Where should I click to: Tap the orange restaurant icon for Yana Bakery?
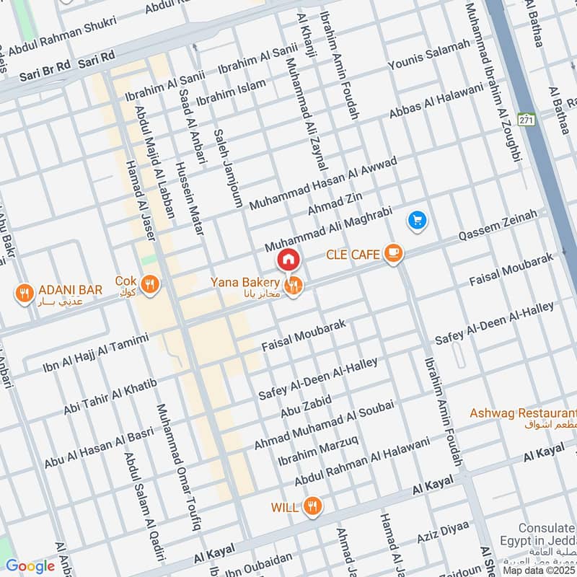pos(293,286)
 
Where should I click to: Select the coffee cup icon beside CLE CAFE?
pos(392,252)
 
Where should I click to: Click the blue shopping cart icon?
pos(418,220)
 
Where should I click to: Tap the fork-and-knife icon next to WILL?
pos(312,506)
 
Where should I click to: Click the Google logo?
pos(30,566)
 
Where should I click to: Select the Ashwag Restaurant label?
pos(522,414)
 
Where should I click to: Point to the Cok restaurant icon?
pos(150,283)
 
